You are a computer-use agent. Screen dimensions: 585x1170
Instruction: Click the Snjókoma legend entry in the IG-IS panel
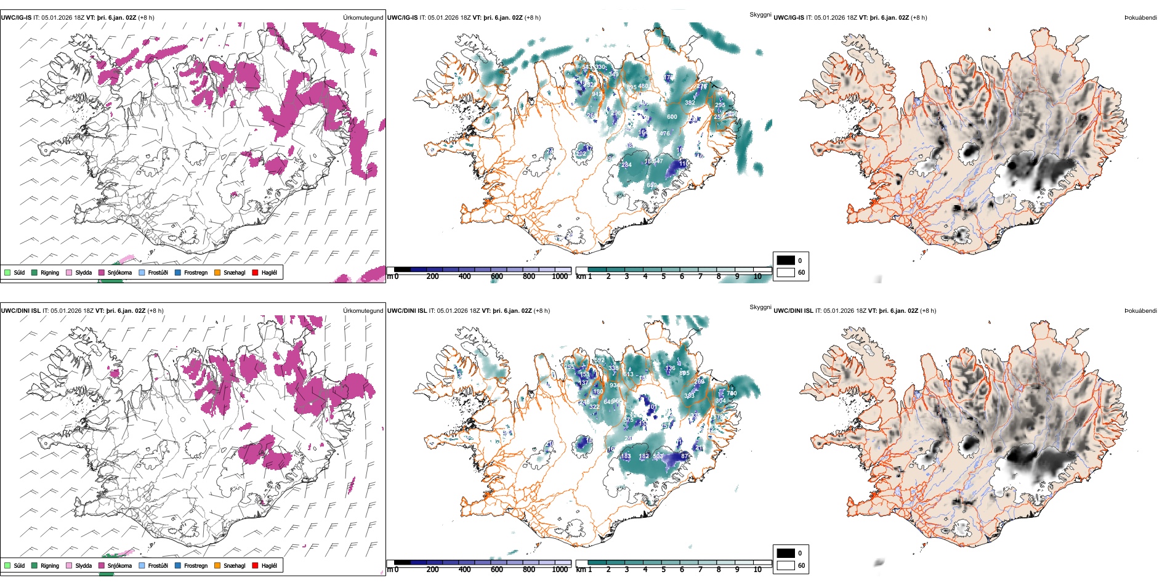pyautogui.click(x=119, y=272)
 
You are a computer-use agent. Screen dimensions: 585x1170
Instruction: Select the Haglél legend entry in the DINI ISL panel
pyautogui.click(x=269, y=565)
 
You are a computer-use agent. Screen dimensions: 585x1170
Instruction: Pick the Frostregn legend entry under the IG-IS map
pyautogui.click(x=195, y=272)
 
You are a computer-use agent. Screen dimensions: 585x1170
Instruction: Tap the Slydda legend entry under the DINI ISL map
pyautogui.click(x=83, y=565)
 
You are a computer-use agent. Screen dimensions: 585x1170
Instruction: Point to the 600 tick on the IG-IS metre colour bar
pyautogui.click(x=497, y=276)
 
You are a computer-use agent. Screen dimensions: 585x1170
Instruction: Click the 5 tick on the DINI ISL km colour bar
pyautogui.click(x=664, y=570)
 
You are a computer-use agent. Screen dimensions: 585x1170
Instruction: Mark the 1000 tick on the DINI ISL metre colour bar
pyautogui.click(x=560, y=570)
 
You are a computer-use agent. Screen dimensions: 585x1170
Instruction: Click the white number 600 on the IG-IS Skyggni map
pyautogui.click(x=672, y=117)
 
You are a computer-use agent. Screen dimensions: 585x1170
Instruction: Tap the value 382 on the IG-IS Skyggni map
pyautogui.click(x=690, y=103)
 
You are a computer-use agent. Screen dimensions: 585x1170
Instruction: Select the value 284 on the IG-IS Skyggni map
pyautogui.click(x=626, y=165)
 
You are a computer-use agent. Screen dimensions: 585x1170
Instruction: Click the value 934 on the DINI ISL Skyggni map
pyautogui.click(x=615, y=385)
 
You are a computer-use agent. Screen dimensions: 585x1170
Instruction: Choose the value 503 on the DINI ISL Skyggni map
pyautogui.click(x=658, y=456)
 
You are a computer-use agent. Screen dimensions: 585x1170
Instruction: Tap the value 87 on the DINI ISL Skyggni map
pyautogui.click(x=685, y=456)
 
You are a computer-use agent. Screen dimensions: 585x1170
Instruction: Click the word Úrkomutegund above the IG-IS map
pyautogui.click(x=363, y=18)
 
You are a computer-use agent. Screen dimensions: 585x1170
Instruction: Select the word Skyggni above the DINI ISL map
pyautogui.click(x=760, y=307)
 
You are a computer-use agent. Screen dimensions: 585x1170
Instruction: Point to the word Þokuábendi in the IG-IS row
pyautogui.click(x=1140, y=18)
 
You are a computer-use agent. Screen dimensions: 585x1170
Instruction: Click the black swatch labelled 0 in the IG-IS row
pyautogui.click(x=786, y=260)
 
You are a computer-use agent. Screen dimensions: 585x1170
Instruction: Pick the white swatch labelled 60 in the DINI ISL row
pyautogui.click(x=786, y=565)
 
